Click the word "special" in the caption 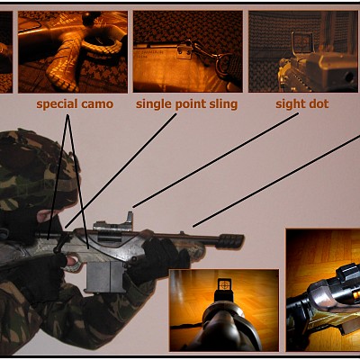pos(56,104)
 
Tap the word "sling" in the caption pos(221,104)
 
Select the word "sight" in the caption pos(289,104)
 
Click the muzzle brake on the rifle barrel pos(231,241)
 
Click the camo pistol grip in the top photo pos(66,61)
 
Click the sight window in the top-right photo pos(302,43)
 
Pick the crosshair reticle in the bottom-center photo pos(223,284)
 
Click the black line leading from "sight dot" pos(216,160)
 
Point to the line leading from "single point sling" pos(121,171)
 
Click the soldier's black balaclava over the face pos(22,222)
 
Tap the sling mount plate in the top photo pos(184,52)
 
